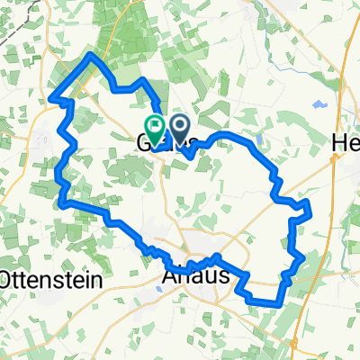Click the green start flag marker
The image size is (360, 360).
[x=155, y=128]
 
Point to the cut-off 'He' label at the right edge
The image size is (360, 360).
[x=346, y=144]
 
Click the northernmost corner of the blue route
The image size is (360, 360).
[x=91, y=55]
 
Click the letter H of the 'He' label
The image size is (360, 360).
[x=340, y=144]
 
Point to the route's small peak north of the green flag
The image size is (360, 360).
[x=142, y=81]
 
